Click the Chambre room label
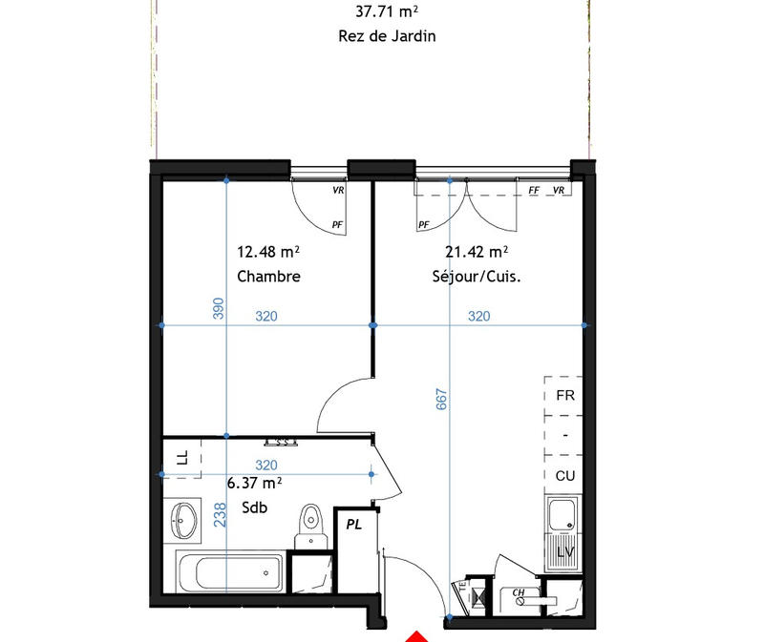coord(268,277)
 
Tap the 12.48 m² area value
coord(268,252)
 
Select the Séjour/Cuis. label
coord(476,277)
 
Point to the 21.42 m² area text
coord(476,252)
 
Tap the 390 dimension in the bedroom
coord(218,308)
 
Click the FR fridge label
coord(564,394)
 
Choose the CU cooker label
coord(564,475)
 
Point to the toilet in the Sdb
coord(308,525)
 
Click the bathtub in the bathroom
coord(232,574)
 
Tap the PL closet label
coord(353,524)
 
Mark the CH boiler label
coord(520,592)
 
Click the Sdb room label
coord(253,508)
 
